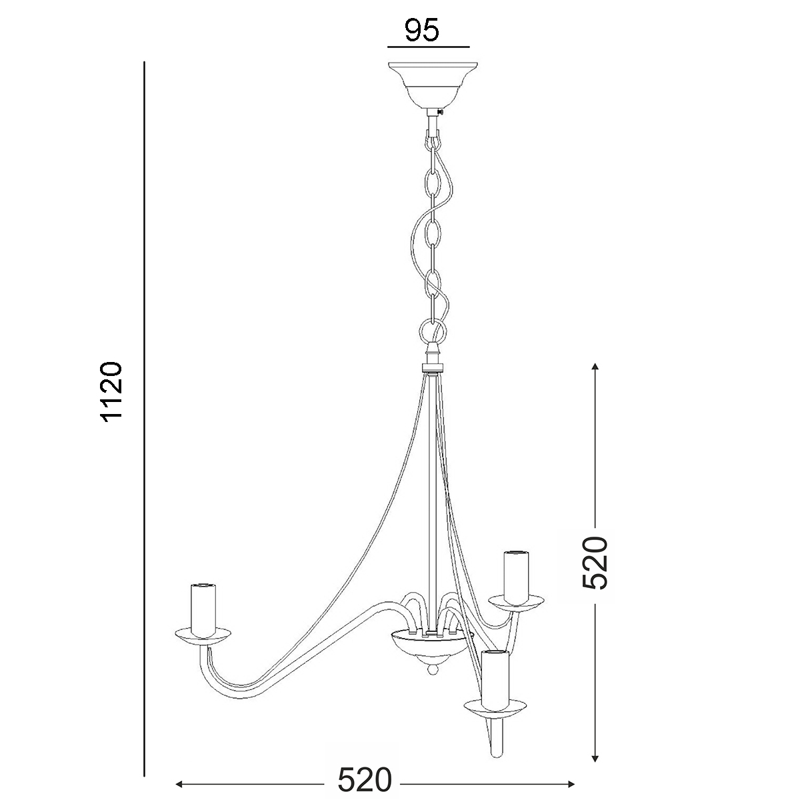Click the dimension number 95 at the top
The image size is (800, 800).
point(422,30)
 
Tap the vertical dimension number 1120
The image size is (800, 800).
point(111,392)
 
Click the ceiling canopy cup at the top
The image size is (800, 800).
point(433,85)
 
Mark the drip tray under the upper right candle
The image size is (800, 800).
point(516,603)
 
